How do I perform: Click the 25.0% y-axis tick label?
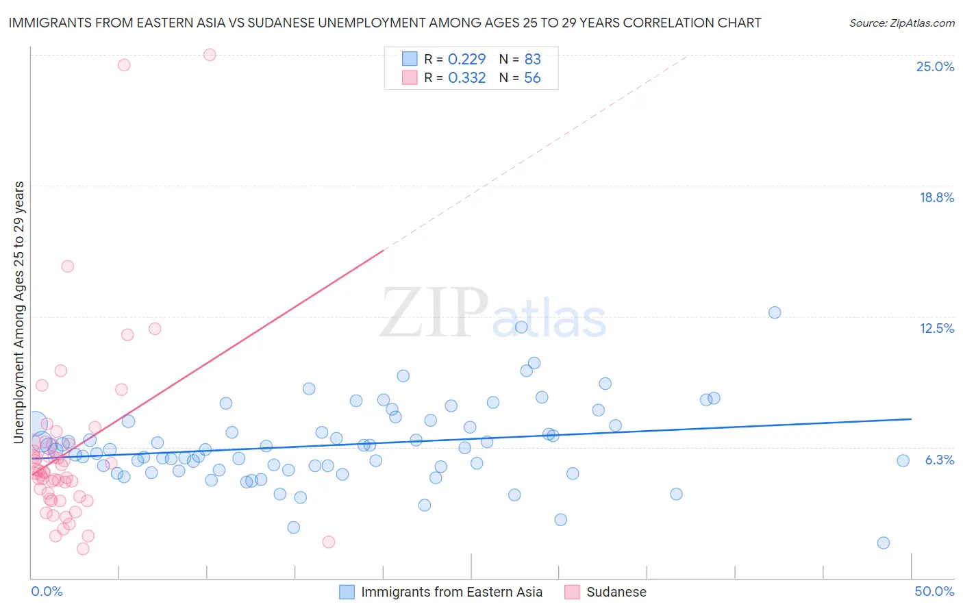tap(935, 66)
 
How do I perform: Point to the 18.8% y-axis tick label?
tap(936, 197)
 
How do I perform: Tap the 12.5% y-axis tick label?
tap(936, 328)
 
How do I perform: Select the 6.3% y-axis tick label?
tap(939, 460)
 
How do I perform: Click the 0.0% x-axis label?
tap(47, 591)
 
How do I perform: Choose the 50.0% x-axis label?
tap(934, 591)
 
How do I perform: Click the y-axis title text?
tap(19, 312)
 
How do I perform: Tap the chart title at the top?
tap(385, 23)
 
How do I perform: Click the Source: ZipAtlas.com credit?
tap(901, 23)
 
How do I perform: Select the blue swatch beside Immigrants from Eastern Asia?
tap(347, 592)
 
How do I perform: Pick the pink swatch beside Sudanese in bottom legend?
tap(573, 592)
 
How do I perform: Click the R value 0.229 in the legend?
tap(466, 60)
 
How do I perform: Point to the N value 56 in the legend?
tap(532, 78)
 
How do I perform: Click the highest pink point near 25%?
tap(210, 55)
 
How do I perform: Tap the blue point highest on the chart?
tap(775, 312)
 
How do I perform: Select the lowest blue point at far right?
tap(884, 543)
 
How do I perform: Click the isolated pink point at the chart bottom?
tap(329, 542)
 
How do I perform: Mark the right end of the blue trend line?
tap(912, 419)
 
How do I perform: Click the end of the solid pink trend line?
tap(384, 250)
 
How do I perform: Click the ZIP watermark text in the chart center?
tap(434, 313)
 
